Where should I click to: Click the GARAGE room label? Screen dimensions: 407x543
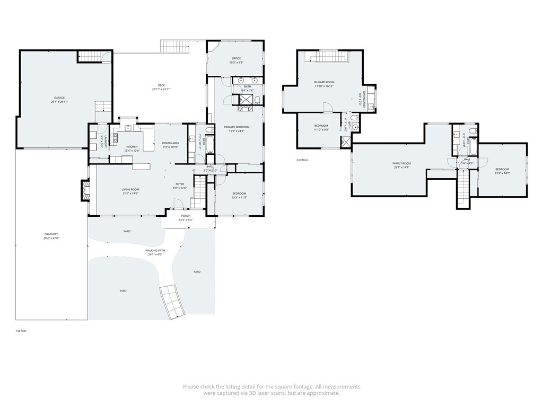[59, 98]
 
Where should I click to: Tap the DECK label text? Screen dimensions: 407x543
[161, 85]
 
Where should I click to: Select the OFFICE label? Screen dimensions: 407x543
[236, 58]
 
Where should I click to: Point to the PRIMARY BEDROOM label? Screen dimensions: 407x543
[236, 127]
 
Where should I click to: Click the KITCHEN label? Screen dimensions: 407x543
[132, 147]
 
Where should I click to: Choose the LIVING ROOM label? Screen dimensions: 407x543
[130, 190]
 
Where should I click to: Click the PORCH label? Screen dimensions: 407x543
[186, 216]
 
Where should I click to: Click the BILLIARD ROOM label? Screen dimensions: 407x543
[323, 82]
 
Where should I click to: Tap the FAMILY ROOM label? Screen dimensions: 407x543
[401, 163]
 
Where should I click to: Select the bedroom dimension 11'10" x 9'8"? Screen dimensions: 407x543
[321, 129]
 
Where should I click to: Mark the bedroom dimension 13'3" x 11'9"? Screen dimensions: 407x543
[239, 198]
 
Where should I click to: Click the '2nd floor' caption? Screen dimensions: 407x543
[302, 160]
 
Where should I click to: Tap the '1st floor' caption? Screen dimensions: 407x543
[21, 331]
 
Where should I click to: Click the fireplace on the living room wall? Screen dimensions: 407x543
[85, 190]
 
